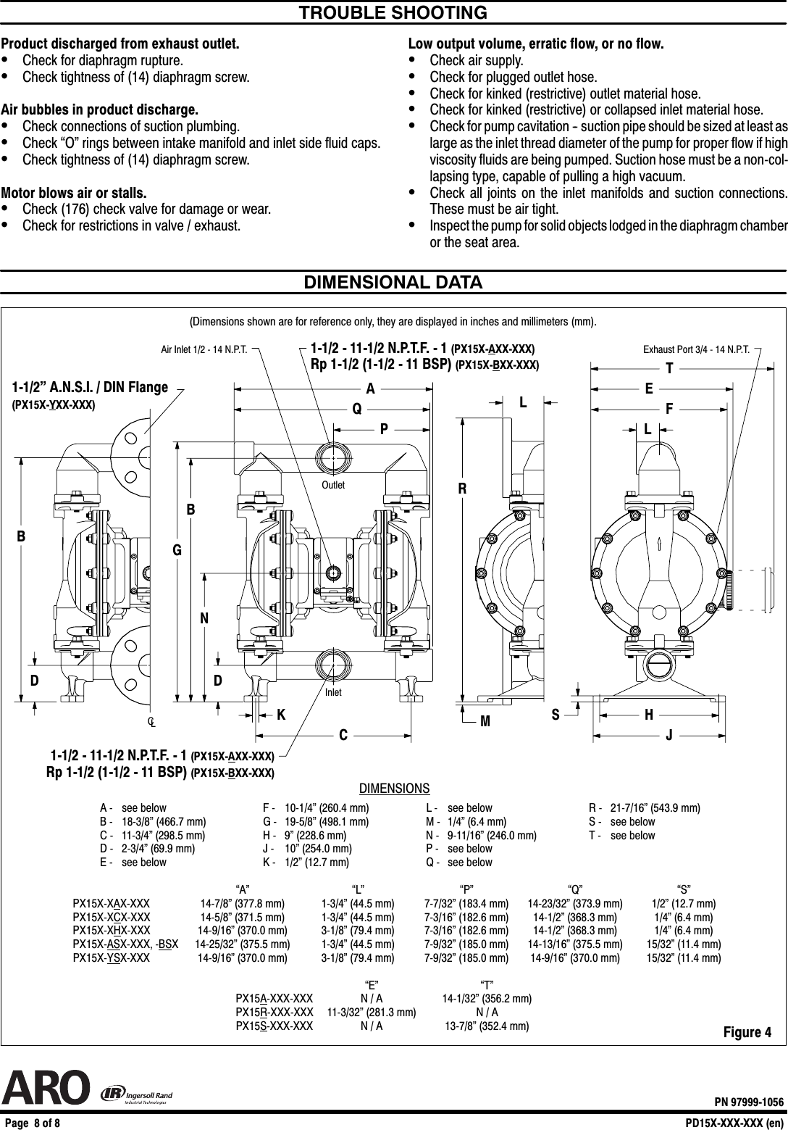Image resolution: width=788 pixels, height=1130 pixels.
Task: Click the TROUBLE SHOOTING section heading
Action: point(393,13)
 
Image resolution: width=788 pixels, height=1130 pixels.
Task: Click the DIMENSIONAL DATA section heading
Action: point(393,282)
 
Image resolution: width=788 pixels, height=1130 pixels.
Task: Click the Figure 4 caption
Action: point(747,1032)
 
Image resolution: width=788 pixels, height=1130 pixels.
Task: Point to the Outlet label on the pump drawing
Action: point(334,485)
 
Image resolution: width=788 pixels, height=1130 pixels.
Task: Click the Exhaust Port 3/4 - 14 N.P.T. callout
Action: point(696,349)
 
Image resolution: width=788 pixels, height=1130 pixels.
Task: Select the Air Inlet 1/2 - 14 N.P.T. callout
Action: point(204,349)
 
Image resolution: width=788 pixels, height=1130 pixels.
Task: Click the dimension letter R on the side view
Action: point(461,489)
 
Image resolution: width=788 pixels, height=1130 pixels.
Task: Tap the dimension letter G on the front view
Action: point(176,551)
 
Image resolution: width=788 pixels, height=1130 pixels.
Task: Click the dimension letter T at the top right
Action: point(669,369)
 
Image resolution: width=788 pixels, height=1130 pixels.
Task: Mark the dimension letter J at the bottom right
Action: point(669,736)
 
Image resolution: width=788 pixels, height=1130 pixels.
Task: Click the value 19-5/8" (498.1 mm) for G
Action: point(327,822)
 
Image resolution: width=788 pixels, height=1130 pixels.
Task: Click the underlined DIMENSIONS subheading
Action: point(394,789)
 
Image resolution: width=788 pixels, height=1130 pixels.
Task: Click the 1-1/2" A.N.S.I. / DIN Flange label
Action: point(90,388)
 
